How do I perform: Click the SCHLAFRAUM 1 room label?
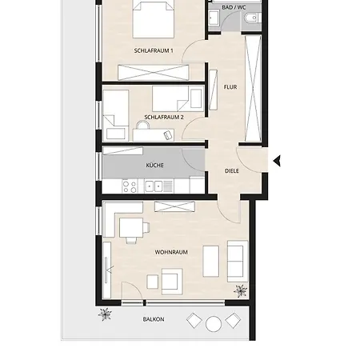[154, 50]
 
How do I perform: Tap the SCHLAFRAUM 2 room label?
[164, 117]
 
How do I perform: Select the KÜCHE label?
[154, 166]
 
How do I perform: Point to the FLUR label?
[230, 87]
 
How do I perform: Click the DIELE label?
[232, 171]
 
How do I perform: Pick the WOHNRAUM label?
[171, 252]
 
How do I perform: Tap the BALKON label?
[154, 319]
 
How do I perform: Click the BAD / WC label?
[234, 7]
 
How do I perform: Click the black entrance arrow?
[277, 161]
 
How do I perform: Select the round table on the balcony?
[214, 324]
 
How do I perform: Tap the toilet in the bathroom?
[251, 18]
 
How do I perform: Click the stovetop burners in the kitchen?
[130, 186]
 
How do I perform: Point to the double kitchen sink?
[154, 186]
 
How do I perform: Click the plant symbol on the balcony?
[105, 314]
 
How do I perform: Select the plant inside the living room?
[241, 291]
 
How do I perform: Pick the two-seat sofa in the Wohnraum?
[238, 262]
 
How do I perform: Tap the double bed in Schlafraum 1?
[154, 18]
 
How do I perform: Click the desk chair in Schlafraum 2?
[142, 125]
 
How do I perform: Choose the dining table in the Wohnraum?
[131, 227]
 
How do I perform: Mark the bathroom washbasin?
[214, 18]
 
